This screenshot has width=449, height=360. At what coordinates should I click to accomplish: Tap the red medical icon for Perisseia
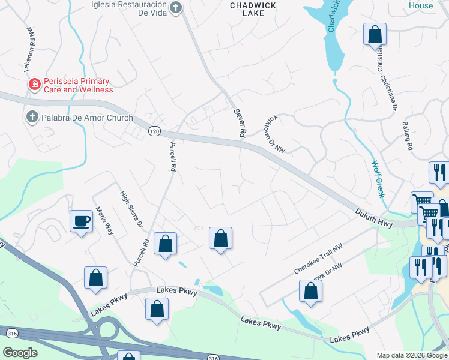tap(35, 85)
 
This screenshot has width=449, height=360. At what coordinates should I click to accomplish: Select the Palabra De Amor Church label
tap(87, 118)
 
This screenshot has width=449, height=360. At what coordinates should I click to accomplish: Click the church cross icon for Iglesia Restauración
tap(175, 8)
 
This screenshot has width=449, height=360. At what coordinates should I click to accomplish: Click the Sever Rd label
tap(240, 124)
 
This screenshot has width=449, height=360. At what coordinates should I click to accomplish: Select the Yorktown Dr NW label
tap(274, 136)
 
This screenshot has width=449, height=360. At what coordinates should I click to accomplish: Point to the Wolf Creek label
tap(377, 178)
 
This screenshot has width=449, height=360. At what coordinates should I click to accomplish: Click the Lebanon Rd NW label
tap(31, 44)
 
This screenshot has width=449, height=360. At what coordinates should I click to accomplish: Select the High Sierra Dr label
tap(131, 209)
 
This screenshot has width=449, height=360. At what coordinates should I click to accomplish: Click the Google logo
tap(20, 352)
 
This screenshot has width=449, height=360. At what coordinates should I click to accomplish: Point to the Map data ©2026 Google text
tap(411, 355)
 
